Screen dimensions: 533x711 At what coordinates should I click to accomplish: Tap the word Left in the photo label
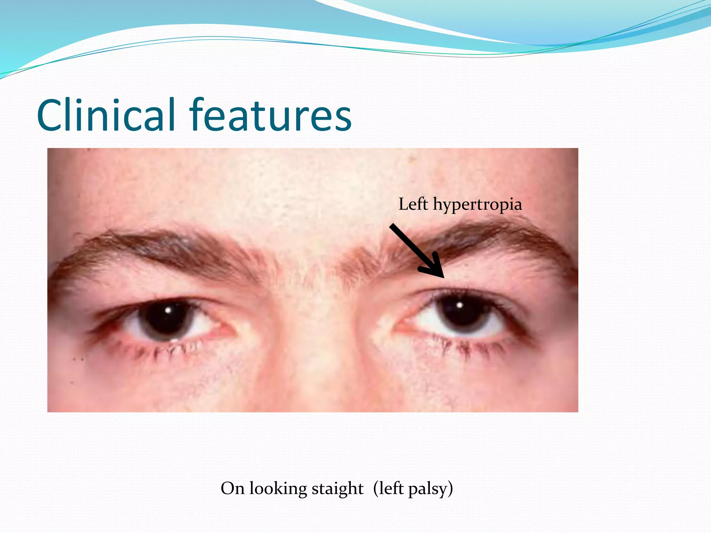[x=413, y=204]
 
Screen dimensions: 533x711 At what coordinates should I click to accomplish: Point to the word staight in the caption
[x=337, y=489]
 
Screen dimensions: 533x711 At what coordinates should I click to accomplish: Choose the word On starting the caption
[x=233, y=489]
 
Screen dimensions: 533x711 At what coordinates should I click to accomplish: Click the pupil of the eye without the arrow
[x=167, y=316]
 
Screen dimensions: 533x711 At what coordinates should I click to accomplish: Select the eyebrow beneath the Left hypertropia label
[x=486, y=239]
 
